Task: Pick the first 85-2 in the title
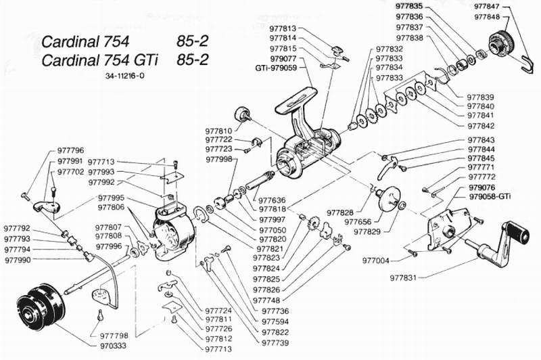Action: pyautogui.click(x=192, y=41)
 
